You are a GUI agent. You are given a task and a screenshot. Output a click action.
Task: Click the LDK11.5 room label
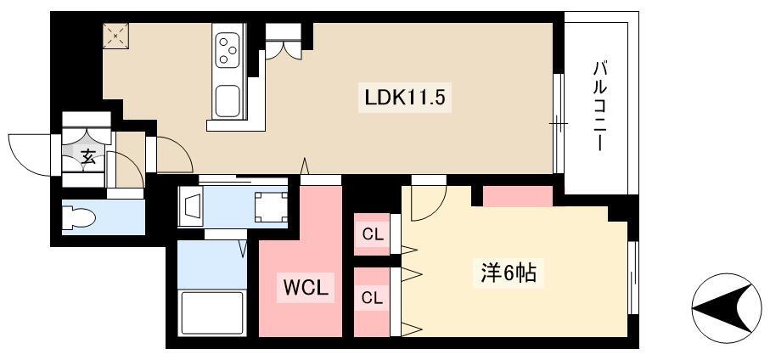[404, 98]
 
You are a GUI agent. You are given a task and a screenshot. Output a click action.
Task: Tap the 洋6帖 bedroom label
[508, 273]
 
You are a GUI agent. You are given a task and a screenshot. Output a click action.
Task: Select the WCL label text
[305, 289]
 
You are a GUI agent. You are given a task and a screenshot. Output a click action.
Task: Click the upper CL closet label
[372, 234]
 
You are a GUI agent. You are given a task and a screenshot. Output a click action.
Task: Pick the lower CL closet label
[372, 298]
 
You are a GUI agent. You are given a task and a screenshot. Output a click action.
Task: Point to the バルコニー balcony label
[599, 105]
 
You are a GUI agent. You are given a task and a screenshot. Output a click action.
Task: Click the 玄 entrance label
[88, 157]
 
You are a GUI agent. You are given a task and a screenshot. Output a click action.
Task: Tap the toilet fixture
[79, 217]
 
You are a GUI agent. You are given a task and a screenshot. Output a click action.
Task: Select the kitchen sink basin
[228, 101]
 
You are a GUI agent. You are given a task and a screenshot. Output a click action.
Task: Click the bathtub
[212, 312]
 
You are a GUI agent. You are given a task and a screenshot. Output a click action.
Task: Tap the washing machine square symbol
[271, 207]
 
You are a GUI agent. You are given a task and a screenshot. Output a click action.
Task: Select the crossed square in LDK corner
[116, 36]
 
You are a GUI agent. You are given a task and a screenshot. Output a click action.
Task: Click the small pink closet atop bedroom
[518, 196]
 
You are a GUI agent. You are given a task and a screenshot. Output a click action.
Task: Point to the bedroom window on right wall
[633, 278]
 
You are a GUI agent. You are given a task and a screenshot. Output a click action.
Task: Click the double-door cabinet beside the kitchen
[284, 42]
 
